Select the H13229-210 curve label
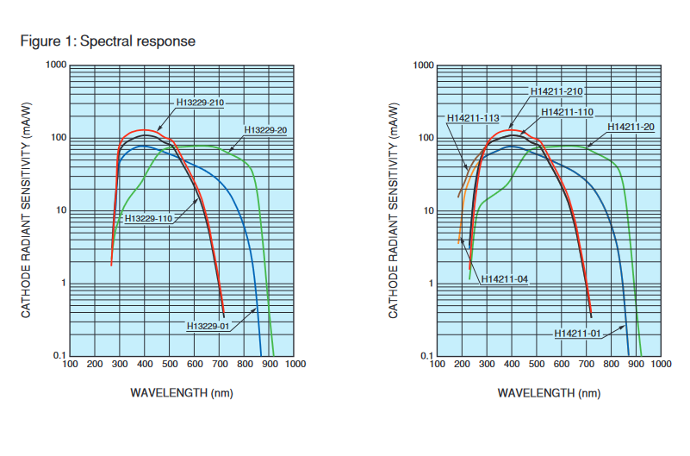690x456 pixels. tap(200, 103)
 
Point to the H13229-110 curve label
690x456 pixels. tap(150, 218)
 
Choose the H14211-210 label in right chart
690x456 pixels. tap(556, 91)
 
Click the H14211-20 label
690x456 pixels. tap(631, 127)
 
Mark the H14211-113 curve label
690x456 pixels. tap(473, 118)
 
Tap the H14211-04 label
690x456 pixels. tap(506, 278)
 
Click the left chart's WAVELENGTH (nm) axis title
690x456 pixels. tap(182, 392)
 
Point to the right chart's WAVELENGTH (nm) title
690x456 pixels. tap(549, 392)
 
